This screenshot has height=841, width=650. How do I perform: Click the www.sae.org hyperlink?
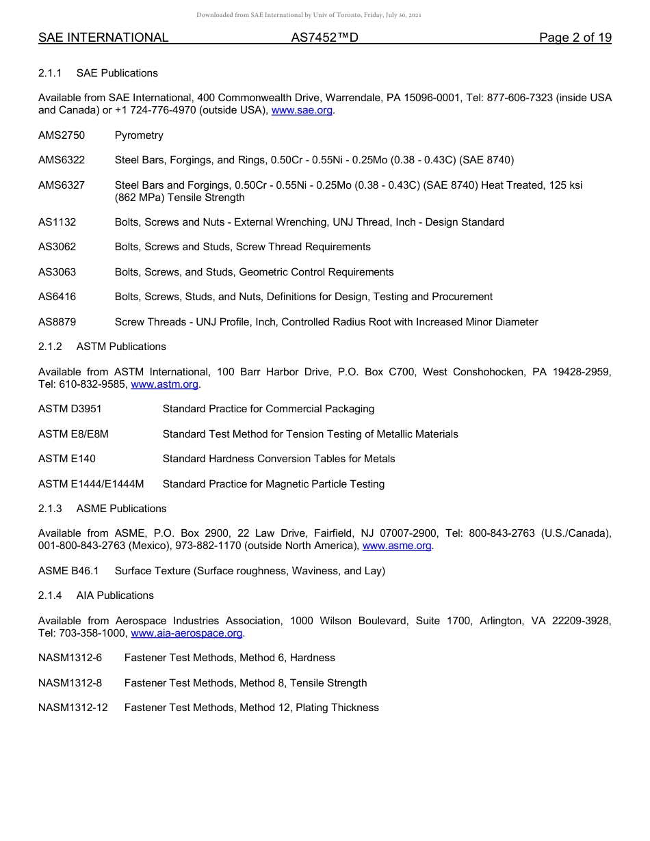click(302, 110)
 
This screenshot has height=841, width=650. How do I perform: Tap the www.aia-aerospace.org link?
click(186, 633)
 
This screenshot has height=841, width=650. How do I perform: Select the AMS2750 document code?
click(62, 135)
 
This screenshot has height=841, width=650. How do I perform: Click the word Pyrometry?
click(139, 135)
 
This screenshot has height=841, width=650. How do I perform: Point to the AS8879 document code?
click(57, 322)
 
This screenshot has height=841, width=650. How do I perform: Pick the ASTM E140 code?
click(67, 459)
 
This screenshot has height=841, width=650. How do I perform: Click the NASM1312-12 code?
click(73, 708)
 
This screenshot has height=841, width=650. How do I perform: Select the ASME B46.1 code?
click(68, 571)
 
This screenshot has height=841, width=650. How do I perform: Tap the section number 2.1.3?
click(50, 509)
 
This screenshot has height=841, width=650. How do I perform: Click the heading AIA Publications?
click(115, 596)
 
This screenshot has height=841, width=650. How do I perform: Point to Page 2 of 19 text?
click(575, 38)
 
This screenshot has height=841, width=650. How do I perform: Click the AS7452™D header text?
click(324, 38)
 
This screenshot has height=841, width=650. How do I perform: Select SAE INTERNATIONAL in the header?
click(103, 38)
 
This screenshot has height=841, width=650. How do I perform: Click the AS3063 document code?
click(57, 272)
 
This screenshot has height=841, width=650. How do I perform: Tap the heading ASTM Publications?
click(121, 347)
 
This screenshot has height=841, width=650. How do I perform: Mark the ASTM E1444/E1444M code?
click(91, 484)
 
